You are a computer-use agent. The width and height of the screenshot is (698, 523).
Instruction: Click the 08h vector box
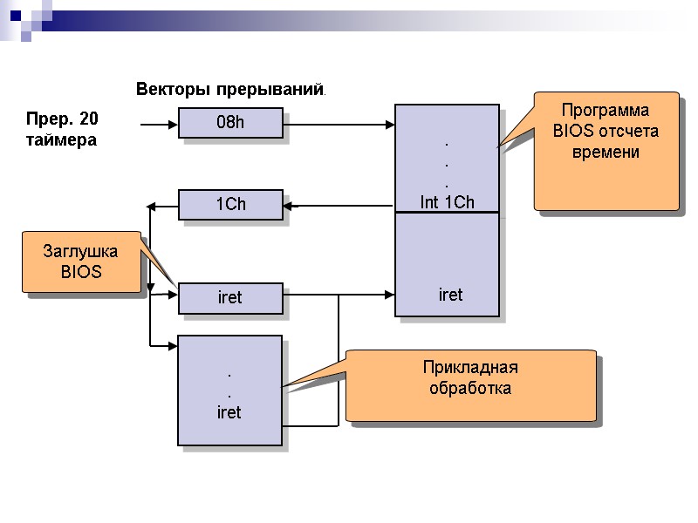[x=230, y=123]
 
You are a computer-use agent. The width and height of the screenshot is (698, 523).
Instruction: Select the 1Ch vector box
[x=230, y=205]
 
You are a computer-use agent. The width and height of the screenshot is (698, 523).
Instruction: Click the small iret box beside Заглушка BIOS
[x=230, y=298]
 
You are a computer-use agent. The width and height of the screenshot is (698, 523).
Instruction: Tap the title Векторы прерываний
[x=230, y=89]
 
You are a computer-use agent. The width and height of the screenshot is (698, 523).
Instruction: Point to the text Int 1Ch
[x=447, y=202]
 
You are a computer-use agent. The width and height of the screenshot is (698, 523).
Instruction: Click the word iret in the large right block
[x=450, y=295]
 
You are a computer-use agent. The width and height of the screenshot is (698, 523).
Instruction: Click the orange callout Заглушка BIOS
[x=81, y=262]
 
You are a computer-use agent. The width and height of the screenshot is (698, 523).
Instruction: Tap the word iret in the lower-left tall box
[x=229, y=412]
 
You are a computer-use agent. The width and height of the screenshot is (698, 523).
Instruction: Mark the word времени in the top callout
[x=606, y=153]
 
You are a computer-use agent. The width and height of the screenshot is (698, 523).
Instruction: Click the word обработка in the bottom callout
[x=470, y=388]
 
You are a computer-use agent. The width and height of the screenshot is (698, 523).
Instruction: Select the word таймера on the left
[x=61, y=139]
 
